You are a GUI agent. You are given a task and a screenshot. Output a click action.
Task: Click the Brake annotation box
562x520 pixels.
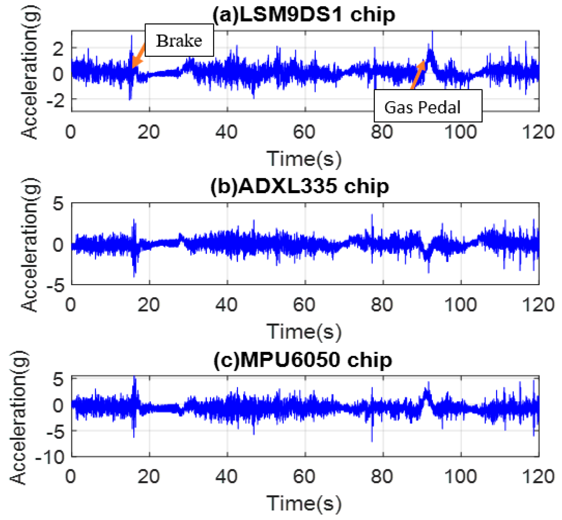179,40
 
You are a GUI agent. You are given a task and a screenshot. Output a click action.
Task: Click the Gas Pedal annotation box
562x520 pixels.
428,106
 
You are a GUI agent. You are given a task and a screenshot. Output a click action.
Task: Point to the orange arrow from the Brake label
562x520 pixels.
138,57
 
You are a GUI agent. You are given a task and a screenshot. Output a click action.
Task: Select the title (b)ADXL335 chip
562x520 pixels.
300,187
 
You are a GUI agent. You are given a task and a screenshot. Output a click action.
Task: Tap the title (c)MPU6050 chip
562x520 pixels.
303,360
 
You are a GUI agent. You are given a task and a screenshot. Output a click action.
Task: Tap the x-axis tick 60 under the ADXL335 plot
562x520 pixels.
304,305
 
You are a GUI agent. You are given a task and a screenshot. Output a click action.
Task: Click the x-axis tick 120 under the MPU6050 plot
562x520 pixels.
538,477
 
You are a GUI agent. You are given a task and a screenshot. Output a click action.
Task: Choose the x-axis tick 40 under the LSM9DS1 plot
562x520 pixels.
226,132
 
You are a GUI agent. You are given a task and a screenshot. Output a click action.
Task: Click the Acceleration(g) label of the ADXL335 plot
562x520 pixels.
30,245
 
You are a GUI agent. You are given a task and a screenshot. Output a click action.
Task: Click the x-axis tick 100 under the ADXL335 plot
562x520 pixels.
460,305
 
